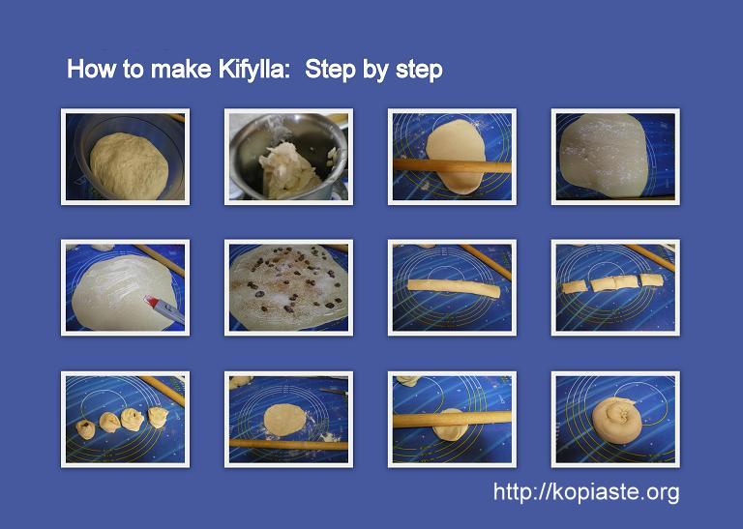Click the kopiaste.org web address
[x=586, y=492]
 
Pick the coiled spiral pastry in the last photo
[x=615, y=420]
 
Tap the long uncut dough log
[x=454, y=288]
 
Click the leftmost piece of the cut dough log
[x=574, y=286]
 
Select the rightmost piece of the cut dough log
[x=651, y=279]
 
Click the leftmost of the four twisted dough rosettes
[x=86, y=428]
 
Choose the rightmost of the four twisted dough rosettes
[x=159, y=417]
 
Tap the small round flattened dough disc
[x=284, y=420]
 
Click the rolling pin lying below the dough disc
[x=288, y=444]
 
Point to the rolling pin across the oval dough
[x=452, y=165]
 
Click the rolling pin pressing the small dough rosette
[x=452, y=419]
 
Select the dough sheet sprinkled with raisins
[x=288, y=287]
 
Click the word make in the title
[x=181, y=69]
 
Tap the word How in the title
[x=91, y=69]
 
